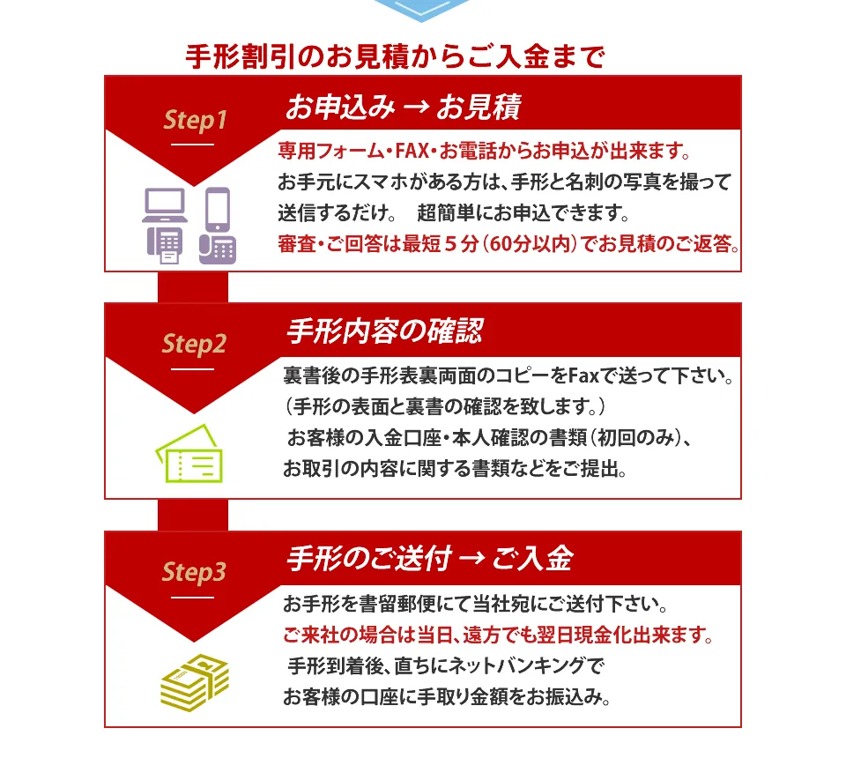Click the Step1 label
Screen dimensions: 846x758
(195, 120)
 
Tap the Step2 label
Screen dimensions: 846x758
(194, 345)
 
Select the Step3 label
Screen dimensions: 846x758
(194, 572)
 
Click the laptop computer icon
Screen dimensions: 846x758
(165, 205)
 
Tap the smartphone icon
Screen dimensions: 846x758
(218, 209)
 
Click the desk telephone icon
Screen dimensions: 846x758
(218, 249)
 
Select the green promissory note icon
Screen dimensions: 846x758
(189, 453)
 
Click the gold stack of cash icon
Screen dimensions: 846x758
(195, 682)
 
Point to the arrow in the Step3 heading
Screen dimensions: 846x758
(472, 558)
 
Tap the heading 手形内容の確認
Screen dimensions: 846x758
(385, 331)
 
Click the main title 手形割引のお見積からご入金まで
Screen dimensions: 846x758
(395, 56)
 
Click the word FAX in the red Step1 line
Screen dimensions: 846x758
(412, 151)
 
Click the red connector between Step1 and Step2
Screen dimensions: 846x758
(193, 287)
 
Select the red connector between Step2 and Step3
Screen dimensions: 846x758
(193, 516)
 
